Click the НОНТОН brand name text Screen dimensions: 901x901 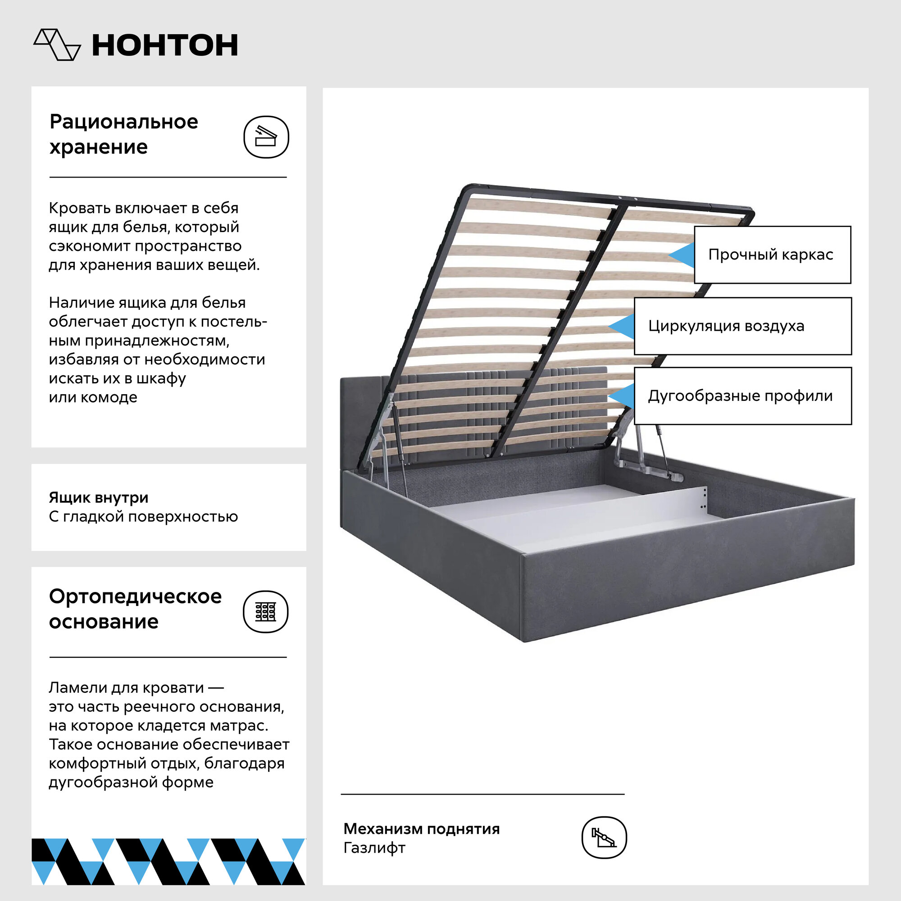[164, 45]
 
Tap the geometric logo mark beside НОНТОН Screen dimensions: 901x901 [57, 45]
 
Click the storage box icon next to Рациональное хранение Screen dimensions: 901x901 [266, 137]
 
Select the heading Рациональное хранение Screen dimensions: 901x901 [123, 134]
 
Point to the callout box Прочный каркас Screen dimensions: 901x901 [772, 255]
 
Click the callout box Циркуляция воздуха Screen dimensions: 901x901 [742, 326]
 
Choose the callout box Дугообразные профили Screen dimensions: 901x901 [742, 396]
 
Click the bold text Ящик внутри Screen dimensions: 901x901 [98, 498]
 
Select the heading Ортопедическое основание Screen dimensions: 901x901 [135, 609]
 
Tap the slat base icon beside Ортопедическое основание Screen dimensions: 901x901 [265, 611]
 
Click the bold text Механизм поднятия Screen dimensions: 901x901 [421, 829]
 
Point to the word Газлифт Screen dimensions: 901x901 [374, 847]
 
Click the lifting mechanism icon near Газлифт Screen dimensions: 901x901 [604, 837]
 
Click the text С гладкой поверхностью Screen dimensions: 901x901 [143, 517]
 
